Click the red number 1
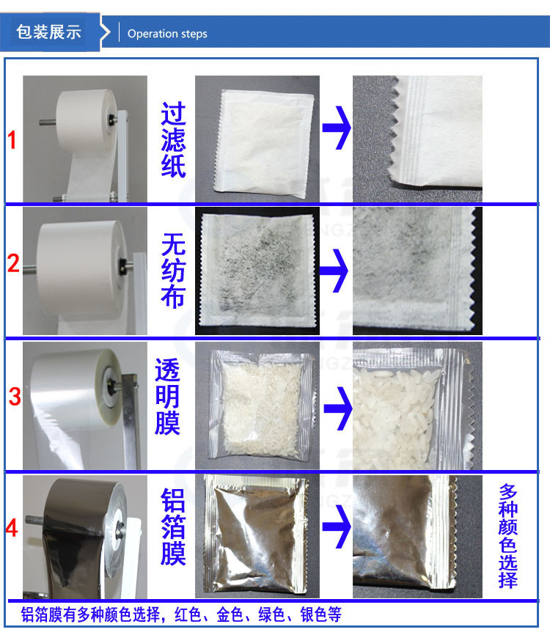[12, 140]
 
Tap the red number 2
[13, 263]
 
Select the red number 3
[15, 397]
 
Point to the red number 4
[12, 528]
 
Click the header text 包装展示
[48, 32]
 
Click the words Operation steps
[167, 34]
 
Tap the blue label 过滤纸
[173, 140]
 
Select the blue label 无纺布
[173, 271]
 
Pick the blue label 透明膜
[167, 397]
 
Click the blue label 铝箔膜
[173, 527]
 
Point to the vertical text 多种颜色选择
[508, 536]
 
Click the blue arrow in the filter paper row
[336, 128]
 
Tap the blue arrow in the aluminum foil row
[336, 526]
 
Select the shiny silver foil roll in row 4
[87, 535]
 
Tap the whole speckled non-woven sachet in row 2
[258, 270]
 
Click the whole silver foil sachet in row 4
[255, 535]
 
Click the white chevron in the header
[106, 32]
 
